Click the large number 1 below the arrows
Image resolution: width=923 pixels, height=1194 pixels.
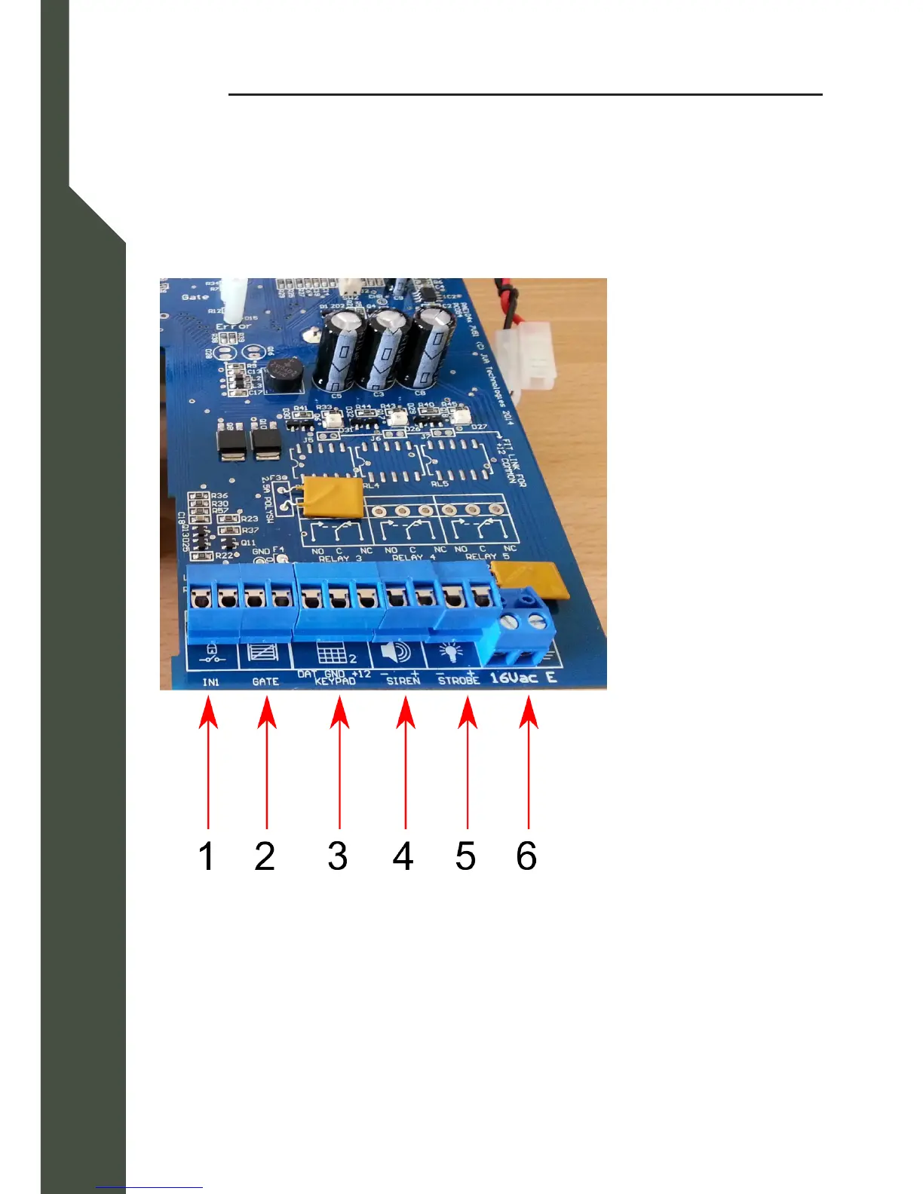coord(207,856)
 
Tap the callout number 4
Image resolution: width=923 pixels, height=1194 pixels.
coord(403,856)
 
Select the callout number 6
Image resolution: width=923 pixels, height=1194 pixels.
coord(526,856)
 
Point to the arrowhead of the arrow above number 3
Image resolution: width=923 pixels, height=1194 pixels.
coord(339,712)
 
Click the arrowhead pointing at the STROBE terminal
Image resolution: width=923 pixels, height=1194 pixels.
coord(468,712)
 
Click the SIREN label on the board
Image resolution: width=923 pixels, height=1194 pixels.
coord(403,681)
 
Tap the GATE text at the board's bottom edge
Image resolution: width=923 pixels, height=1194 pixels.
coord(265,681)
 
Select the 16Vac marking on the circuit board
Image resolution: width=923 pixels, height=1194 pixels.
coord(514,678)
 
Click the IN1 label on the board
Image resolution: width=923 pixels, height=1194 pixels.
coord(210,682)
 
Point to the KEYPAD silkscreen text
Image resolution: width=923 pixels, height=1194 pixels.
coord(335,681)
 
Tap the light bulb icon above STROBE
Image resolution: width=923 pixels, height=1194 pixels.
coord(451,652)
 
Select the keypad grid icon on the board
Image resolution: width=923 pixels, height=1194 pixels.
coord(333,653)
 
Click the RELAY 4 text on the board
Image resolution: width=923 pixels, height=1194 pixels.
coord(413,558)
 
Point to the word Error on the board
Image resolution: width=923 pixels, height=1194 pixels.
coord(233,326)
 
